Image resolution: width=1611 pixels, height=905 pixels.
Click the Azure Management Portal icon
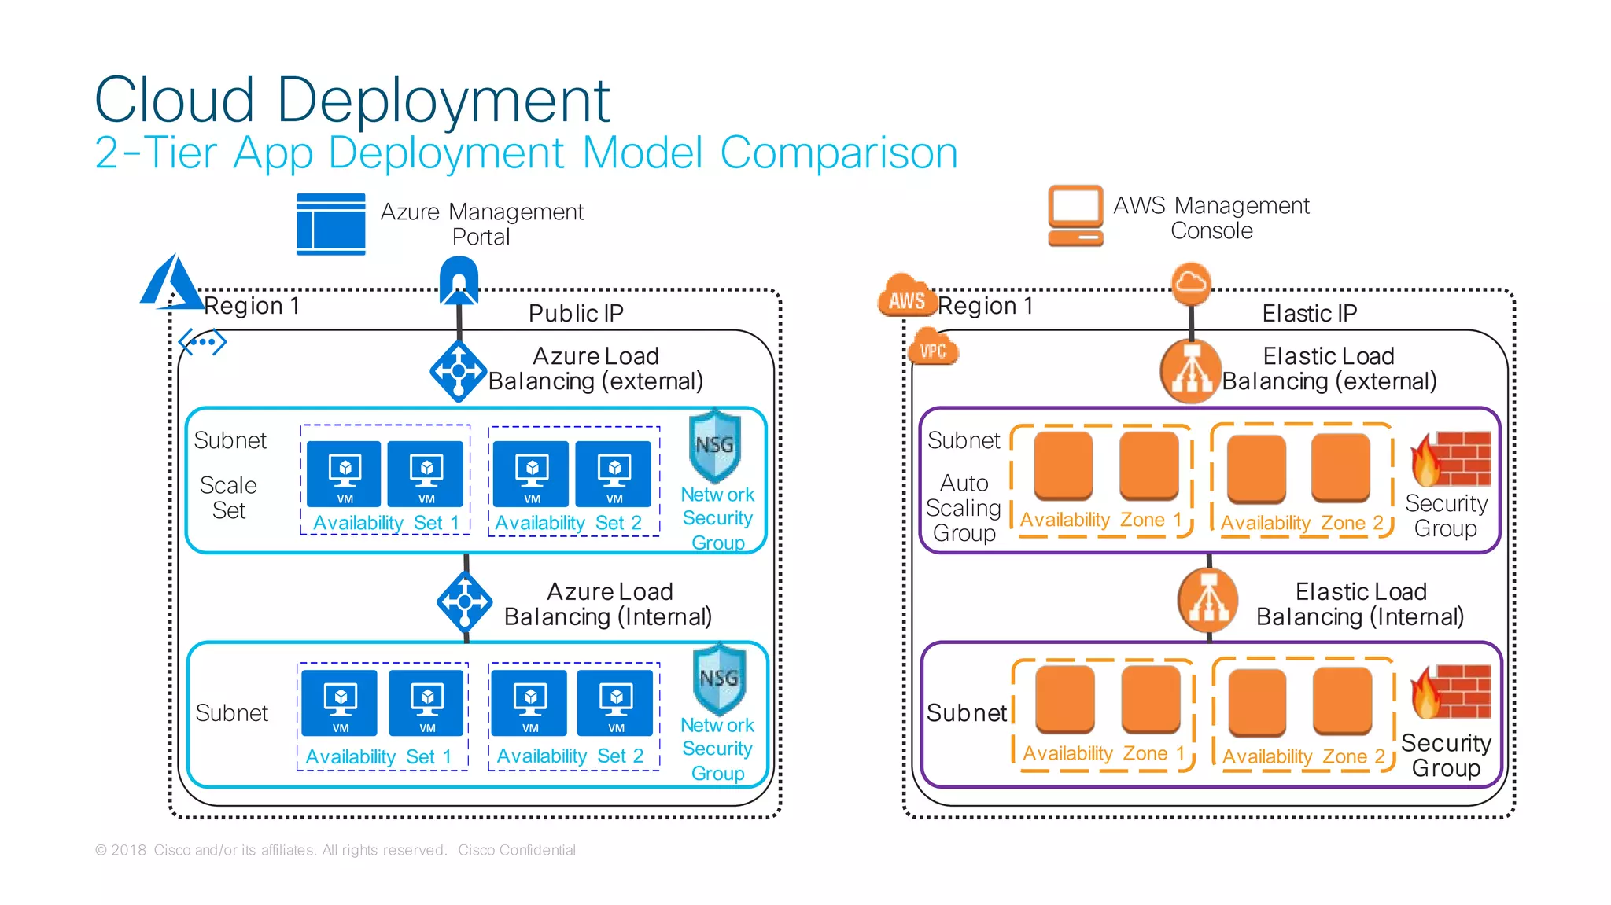pos(330,224)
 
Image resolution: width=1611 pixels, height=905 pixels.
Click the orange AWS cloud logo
pos(907,297)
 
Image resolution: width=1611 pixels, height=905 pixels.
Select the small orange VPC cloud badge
pos(933,349)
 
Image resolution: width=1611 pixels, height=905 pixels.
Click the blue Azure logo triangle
pos(171,283)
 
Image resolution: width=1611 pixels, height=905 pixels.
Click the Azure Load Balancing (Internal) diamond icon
pos(465,602)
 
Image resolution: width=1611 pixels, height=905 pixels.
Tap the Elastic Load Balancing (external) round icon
pos(1191,371)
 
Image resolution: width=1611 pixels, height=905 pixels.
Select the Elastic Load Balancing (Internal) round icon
pos(1208,602)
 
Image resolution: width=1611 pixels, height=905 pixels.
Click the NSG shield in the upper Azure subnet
pos(715,446)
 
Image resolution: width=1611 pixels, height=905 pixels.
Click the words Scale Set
pos(229,498)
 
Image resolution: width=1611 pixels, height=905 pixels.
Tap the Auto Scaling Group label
pos(964,508)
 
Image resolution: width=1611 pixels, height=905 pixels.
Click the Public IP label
pos(576,314)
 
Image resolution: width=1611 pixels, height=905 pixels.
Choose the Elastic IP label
pos(1310,314)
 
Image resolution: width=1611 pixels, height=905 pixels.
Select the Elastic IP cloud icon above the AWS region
pos(1191,283)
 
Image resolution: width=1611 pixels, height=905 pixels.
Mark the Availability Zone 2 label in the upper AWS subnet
pos(1302,523)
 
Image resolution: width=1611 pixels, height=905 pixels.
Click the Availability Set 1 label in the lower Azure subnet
pos(378,756)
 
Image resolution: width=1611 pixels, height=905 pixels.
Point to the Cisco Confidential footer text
pos(517,850)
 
